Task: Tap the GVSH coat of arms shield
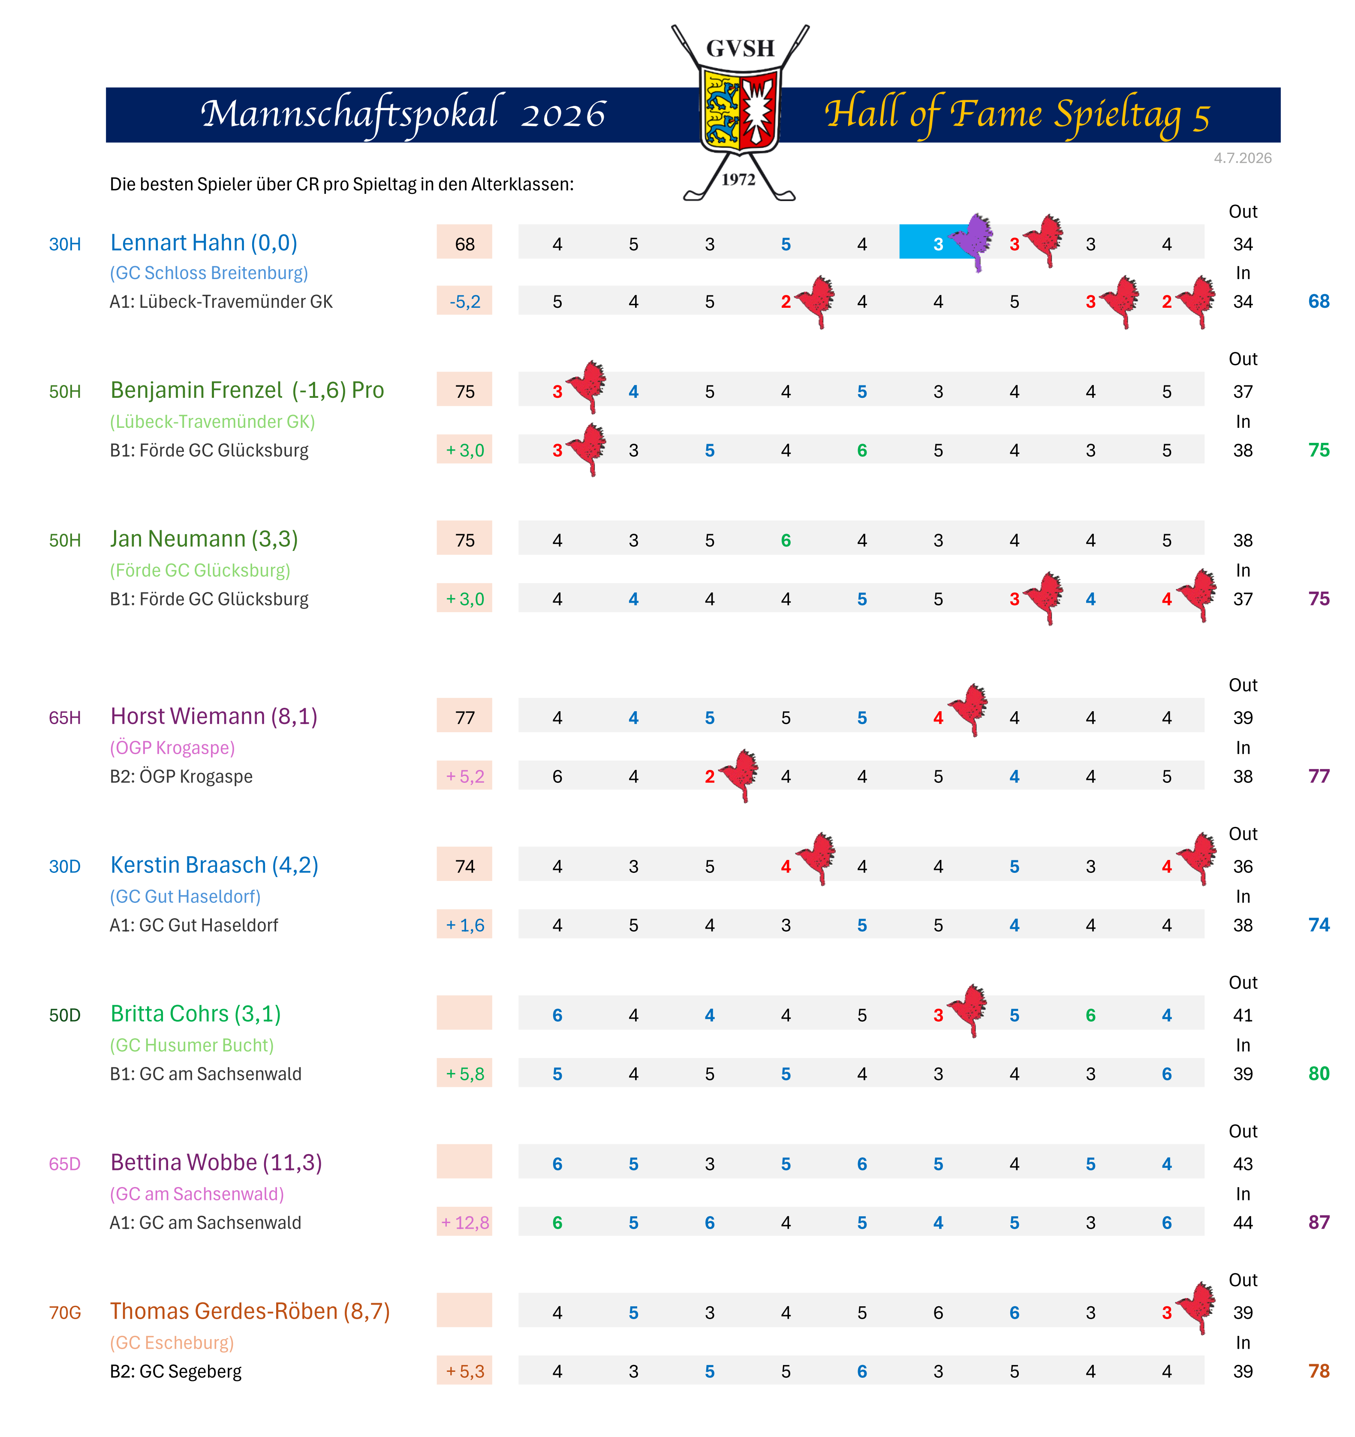pos(740,110)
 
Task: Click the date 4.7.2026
pos(1242,158)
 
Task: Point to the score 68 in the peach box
pos(465,244)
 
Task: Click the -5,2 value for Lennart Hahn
pos(465,301)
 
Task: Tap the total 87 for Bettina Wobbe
pos(1319,1222)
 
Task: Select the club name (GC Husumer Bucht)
pos(192,1045)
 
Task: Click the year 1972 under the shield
pos(738,179)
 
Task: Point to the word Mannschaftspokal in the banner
pos(349,114)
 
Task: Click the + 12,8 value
pos(465,1222)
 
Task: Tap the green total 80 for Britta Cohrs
pos(1319,1073)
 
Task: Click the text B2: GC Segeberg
pos(176,1371)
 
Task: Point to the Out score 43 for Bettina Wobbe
pos(1243,1164)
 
